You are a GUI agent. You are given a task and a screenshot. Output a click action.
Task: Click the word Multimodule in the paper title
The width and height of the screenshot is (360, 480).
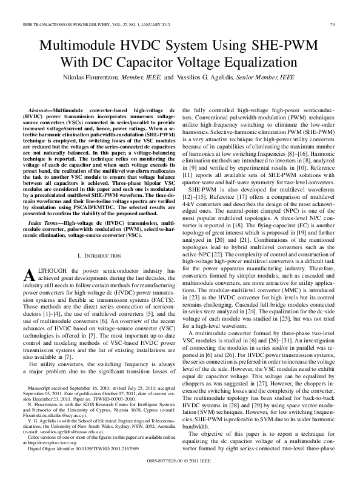click(x=76, y=46)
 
